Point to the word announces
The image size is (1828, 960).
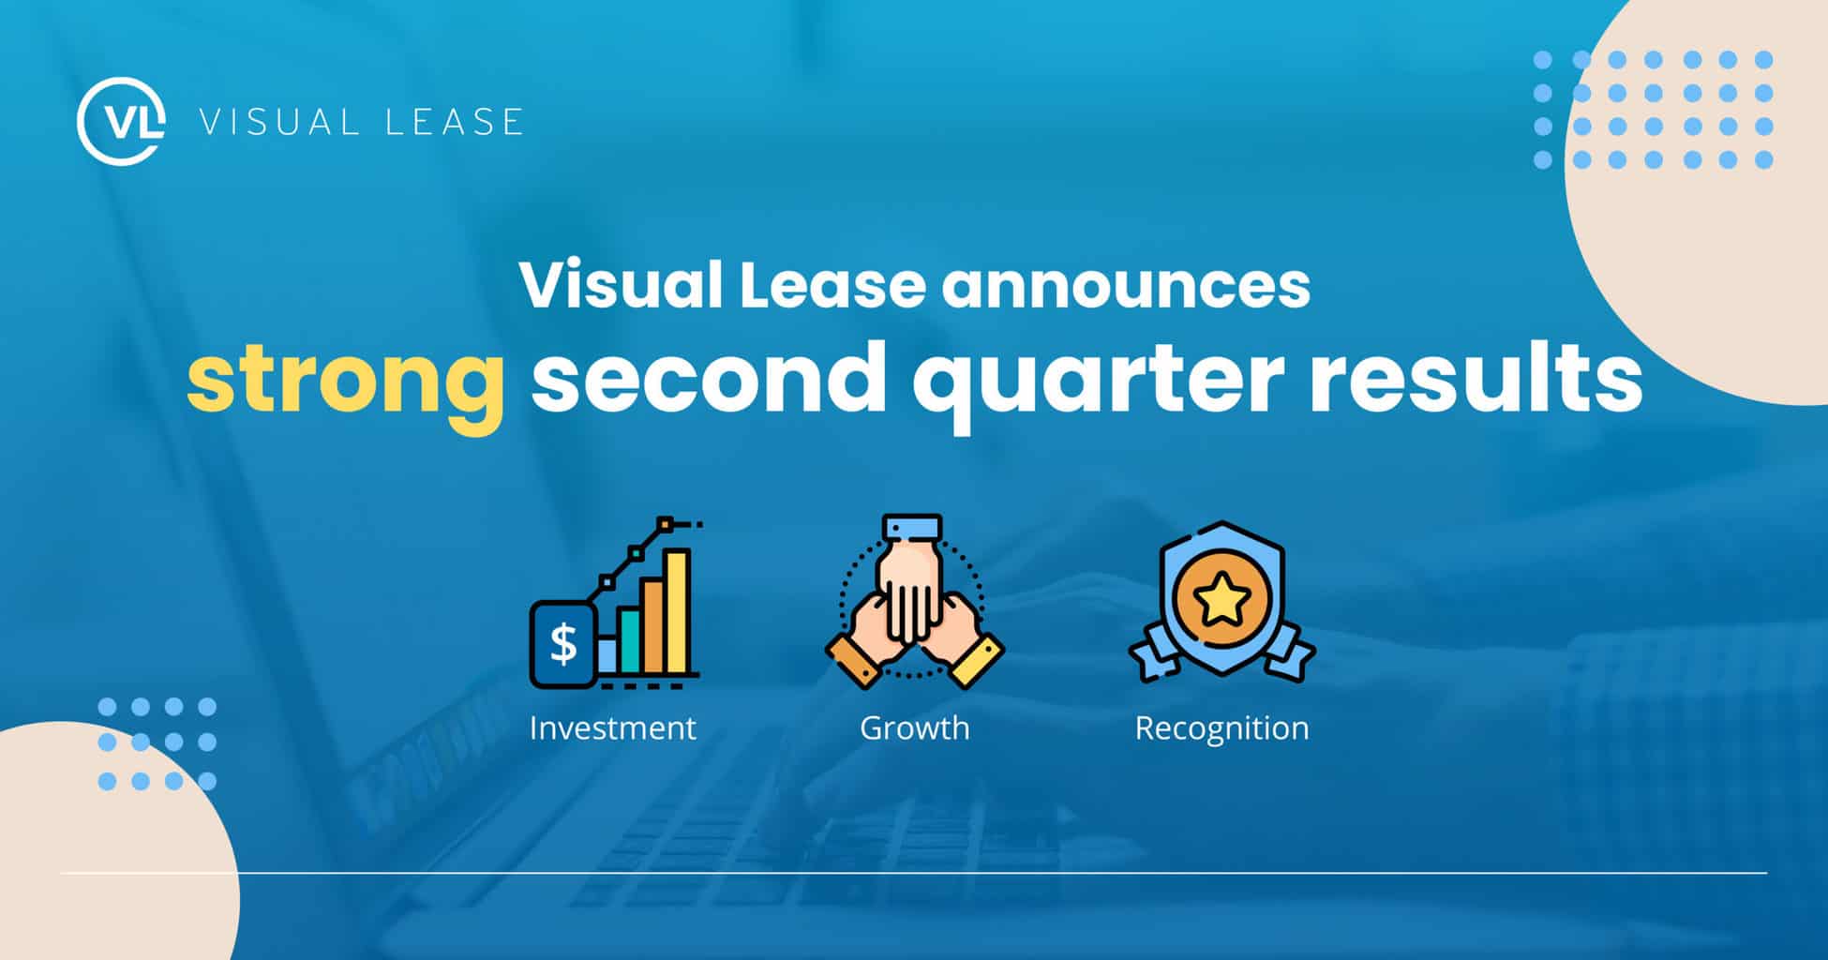click(1126, 287)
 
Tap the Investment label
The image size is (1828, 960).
click(612, 728)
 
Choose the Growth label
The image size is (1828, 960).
click(915, 728)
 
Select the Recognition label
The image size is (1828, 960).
click(1221, 729)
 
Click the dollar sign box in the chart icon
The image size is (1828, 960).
click(563, 644)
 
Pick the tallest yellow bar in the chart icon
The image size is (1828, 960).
click(677, 611)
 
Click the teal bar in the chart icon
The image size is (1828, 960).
click(628, 641)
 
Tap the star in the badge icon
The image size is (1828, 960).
click(1221, 601)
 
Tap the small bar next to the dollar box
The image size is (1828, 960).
click(607, 655)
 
